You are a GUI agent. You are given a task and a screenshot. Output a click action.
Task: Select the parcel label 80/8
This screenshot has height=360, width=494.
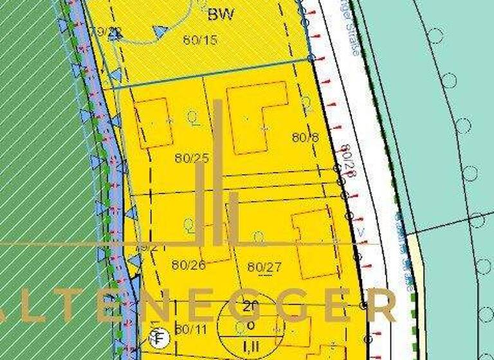click(x=305, y=137)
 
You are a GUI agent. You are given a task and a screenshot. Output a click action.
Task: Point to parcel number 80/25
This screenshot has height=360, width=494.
click(x=192, y=157)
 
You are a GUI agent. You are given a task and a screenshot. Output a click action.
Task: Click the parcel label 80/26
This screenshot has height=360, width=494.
click(x=189, y=265)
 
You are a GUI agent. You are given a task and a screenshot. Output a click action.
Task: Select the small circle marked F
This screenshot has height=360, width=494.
click(x=156, y=335)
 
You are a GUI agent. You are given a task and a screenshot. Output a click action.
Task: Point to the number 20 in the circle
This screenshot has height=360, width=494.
click(x=250, y=307)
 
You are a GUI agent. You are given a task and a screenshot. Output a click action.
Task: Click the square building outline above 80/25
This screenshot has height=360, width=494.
click(x=154, y=122)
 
